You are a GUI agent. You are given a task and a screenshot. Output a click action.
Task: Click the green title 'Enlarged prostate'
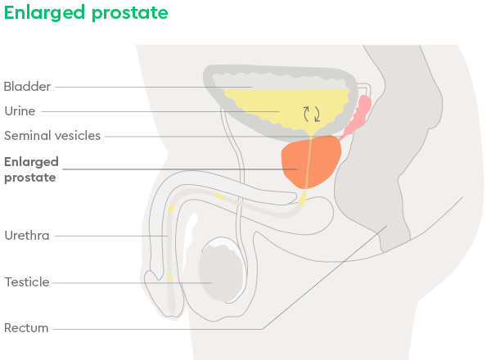(86, 13)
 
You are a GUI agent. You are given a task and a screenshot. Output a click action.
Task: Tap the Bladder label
(27, 87)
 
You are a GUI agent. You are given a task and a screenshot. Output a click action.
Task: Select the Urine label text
(20, 111)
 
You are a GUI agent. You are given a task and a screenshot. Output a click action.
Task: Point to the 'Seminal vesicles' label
(52, 136)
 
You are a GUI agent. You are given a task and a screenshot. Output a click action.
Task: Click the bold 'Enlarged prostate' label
(31, 169)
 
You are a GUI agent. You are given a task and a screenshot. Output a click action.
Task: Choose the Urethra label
(27, 236)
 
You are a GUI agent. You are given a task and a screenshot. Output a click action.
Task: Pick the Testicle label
(27, 282)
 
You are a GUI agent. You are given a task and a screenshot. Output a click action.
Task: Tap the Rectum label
(26, 328)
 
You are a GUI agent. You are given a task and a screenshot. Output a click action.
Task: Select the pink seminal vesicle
(357, 117)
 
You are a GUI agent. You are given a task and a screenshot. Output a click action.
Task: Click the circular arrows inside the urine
(312, 114)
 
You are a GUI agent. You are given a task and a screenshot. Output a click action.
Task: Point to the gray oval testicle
(221, 273)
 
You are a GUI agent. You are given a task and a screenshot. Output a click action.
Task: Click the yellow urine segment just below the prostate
(303, 199)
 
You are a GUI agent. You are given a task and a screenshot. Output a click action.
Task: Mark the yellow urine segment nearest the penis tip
(169, 276)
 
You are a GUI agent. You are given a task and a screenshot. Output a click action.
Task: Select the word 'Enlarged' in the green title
(44, 13)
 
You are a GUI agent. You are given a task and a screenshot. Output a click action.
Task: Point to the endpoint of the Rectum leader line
(387, 226)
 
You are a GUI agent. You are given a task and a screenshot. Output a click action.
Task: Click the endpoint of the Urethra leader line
(168, 236)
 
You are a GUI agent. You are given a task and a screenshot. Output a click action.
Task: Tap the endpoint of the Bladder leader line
(252, 87)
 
